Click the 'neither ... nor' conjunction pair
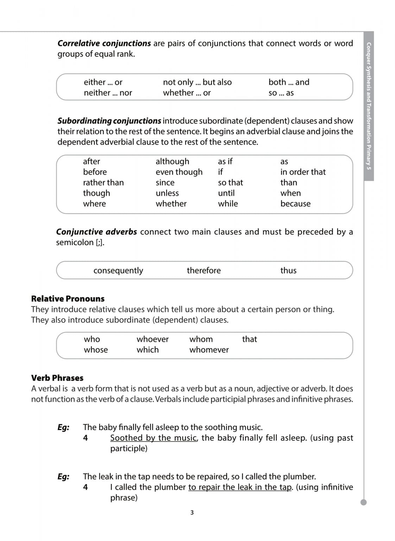tap(108, 93)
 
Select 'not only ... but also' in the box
tap(197, 82)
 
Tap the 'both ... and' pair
tap(289, 82)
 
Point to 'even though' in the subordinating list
tap(179, 172)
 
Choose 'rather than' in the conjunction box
tap(103, 182)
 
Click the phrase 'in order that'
tap(303, 172)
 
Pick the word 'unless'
tap(167, 193)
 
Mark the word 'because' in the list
tap(295, 204)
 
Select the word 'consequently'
tap(118, 270)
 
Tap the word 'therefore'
tap(204, 270)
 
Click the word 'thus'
tap(288, 270)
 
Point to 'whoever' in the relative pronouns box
tap(152, 339)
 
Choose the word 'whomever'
tap(209, 350)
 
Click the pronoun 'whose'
tap(96, 350)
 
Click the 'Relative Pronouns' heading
tap(68, 299)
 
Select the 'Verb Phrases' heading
tap(57, 378)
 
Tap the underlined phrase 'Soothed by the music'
tap(153, 438)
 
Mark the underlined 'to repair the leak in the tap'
tap(240, 487)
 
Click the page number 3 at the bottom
tap(192, 512)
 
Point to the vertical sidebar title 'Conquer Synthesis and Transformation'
tap(369, 106)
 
